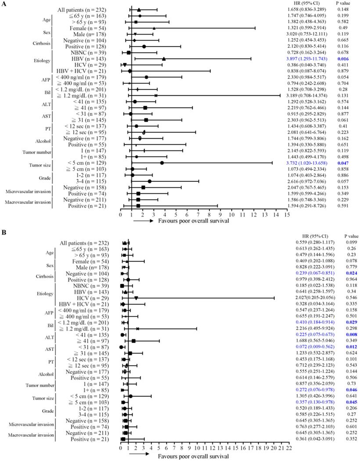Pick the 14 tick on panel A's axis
(x=276, y=215)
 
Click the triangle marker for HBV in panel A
(x=164, y=58)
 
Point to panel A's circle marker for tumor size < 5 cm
(x=162, y=163)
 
